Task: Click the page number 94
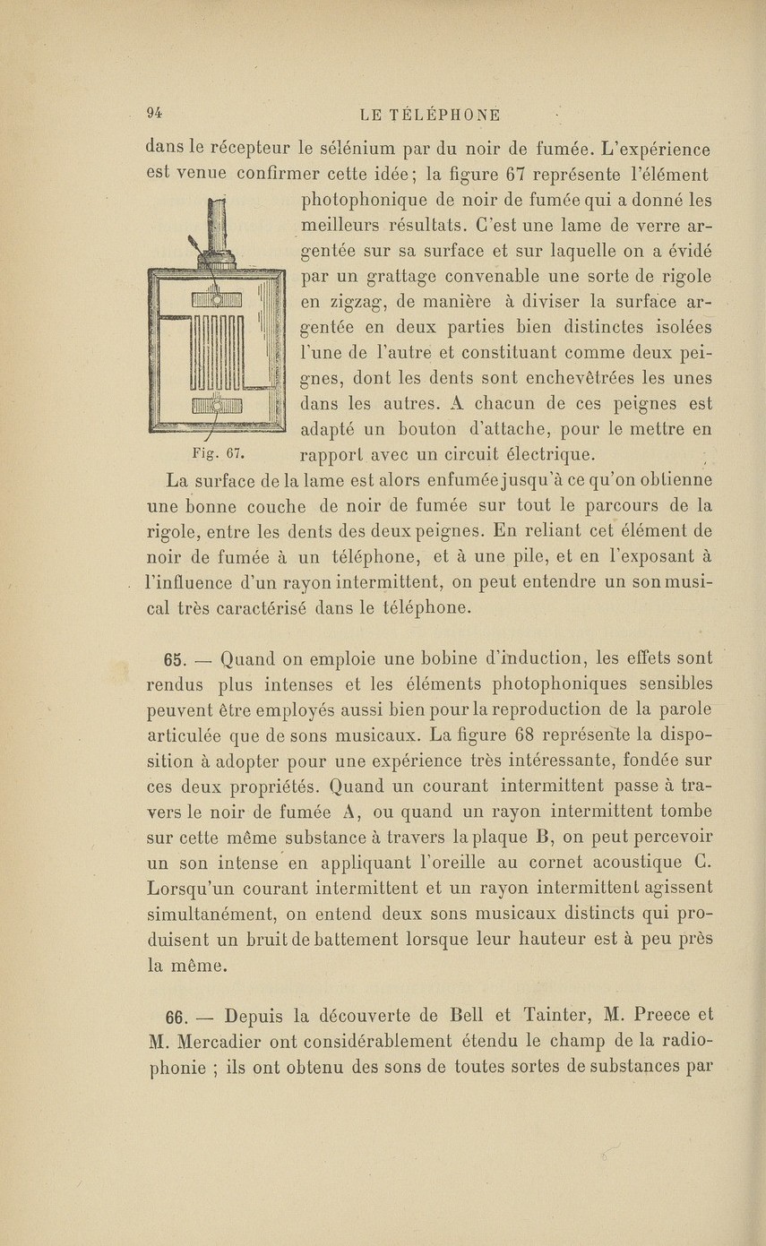click(154, 113)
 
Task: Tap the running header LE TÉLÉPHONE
click(429, 115)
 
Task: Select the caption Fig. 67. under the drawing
click(212, 450)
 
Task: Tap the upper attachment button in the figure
click(215, 299)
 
